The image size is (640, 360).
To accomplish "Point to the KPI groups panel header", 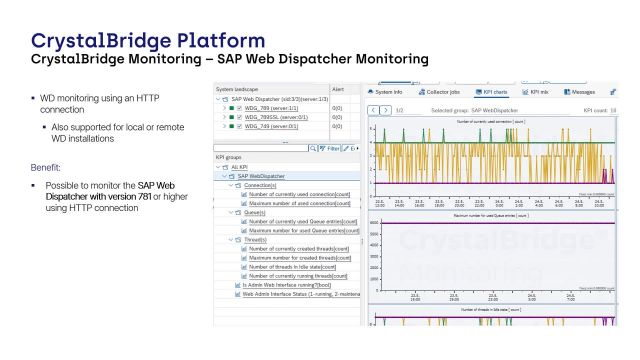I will (229, 158).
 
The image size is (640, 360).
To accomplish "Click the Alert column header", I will (338, 89).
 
